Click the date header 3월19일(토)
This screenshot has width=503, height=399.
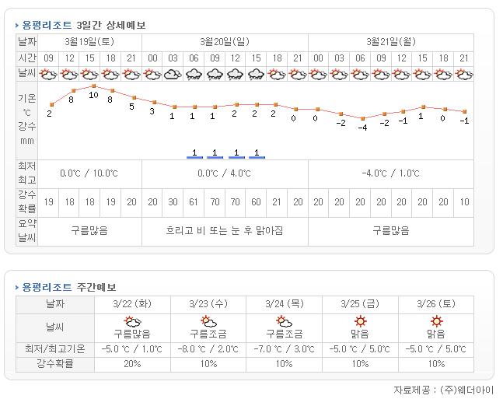click(90, 41)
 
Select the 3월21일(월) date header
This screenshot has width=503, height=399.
click(391, 41)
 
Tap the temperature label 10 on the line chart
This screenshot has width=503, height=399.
click(93, 95)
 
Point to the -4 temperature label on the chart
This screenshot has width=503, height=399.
click(362, 128)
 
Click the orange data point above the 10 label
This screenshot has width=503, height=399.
click(93, 86)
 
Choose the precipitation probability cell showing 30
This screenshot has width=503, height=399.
click(173, 201)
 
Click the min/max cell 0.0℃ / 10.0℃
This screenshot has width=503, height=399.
click(90, 173)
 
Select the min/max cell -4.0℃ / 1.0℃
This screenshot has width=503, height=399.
click(391, 173)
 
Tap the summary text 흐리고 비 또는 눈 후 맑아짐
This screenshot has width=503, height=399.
click(225, 230)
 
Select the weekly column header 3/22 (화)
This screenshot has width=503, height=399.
click(132, 303)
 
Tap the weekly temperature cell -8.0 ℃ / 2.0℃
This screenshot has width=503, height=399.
click(208, 349)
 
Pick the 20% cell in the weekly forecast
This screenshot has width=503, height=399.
click(132, 364)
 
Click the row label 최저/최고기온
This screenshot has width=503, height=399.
click(54, 349)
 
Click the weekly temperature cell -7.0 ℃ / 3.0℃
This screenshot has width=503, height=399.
click(285, 349)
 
